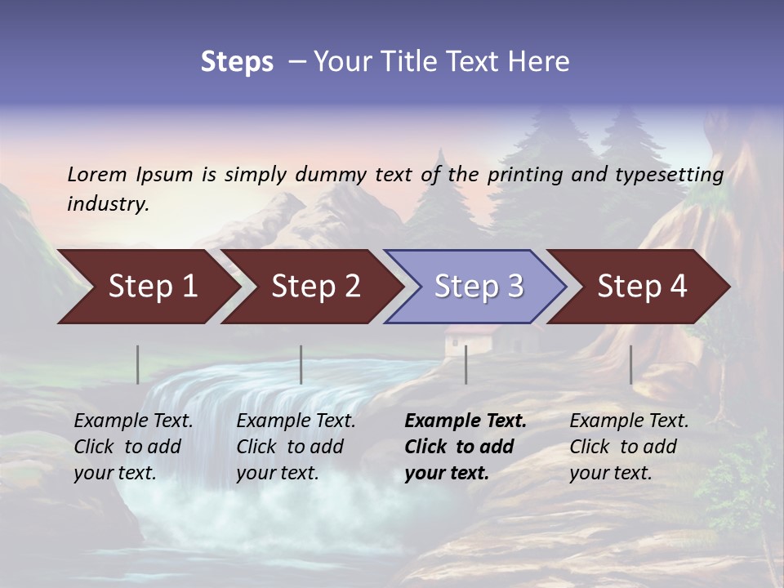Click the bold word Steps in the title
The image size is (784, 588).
point(237,62)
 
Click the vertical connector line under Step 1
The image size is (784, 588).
point(137,364)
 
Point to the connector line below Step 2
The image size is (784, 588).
point(301,364)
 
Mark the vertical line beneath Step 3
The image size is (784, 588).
point(465,364)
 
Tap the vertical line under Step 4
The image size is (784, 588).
point(630,364)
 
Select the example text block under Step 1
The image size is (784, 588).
point(133,447)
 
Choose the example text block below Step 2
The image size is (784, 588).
point(296,447)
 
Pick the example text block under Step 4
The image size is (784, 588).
point(629,447)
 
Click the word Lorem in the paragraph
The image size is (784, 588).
point(97,174)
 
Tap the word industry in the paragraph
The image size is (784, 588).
point(108,204)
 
